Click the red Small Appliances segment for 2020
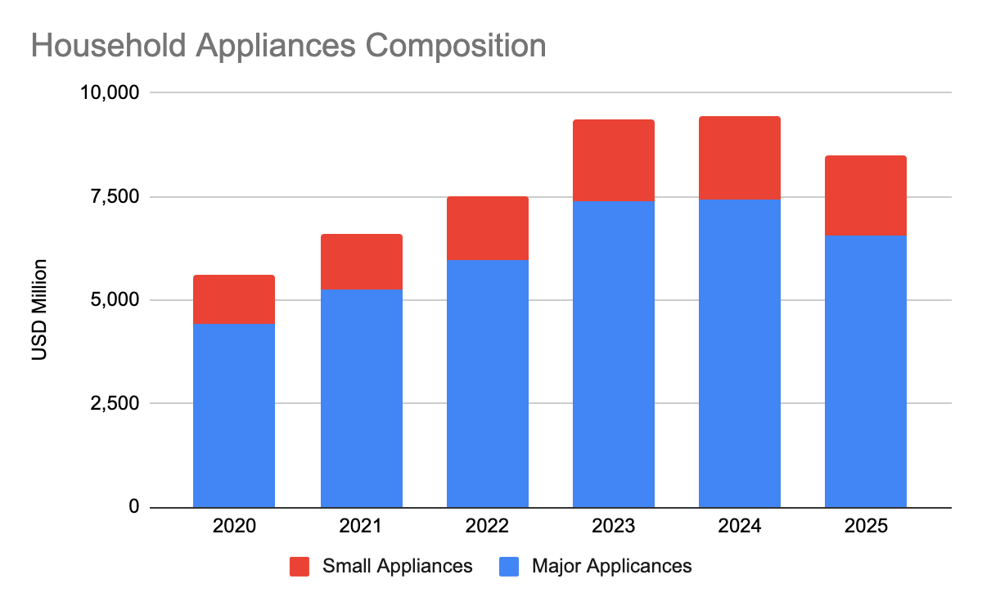click(234, 299)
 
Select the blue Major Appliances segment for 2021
click(361, 398)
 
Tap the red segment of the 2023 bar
click(613, 160)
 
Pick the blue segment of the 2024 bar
click(739, 353)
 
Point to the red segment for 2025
click(865, 195)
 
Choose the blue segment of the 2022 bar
click(487, 384)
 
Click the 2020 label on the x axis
click(234, 526)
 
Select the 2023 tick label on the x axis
click(613, 526)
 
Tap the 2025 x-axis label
click(865, 526)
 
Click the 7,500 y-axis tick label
click(117, 196)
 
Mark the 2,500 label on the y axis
click(117, 403)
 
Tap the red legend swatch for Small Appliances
click(300, 566)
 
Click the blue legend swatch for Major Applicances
click(508, 566)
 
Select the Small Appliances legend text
click(398, 566)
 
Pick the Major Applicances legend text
click(611, 566)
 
